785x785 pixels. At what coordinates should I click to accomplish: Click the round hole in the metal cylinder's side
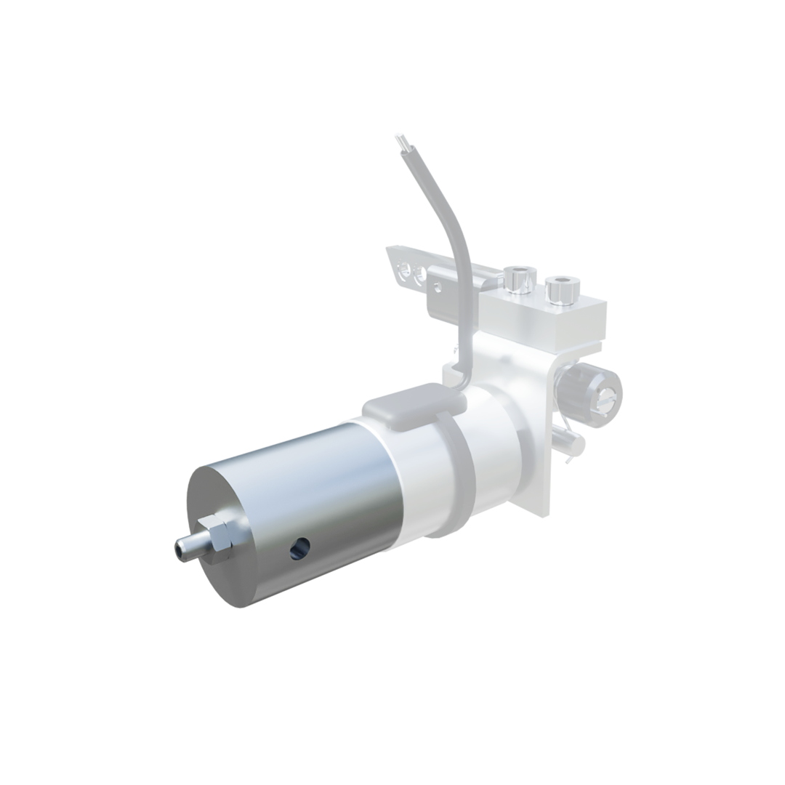(x=299, y=548)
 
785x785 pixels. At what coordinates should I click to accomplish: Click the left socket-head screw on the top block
(x=520, y=279)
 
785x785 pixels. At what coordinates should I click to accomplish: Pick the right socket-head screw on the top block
(x=562, y=288)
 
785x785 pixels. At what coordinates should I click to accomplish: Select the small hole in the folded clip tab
(x=438, y=286)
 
